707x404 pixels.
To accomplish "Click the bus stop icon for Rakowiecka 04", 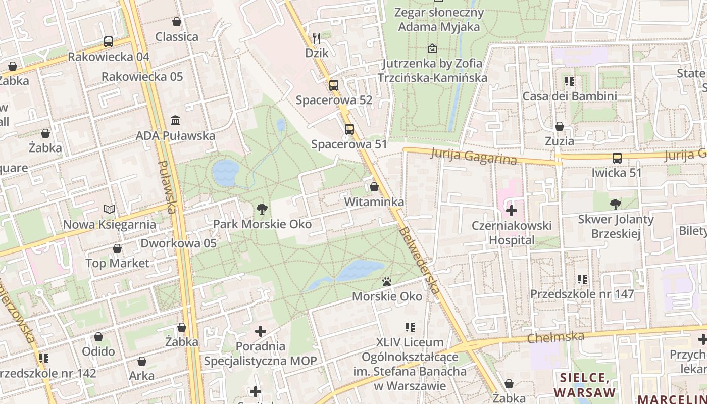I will click(109, 42).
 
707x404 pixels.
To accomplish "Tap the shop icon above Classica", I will click(177, 22).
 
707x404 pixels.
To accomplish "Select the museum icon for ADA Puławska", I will click(175, 120).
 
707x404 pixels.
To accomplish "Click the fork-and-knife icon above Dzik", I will click(317, 38).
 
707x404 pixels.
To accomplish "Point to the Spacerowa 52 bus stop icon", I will click(334, 85).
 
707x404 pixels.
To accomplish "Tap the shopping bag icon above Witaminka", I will click(374, 187).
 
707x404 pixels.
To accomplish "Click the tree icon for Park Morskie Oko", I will click(262, 209).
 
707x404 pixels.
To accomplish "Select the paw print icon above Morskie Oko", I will click(387, 281).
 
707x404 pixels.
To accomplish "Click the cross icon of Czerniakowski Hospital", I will click(512, 210).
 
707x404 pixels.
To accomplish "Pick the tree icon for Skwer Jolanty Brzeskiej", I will click(615, 204).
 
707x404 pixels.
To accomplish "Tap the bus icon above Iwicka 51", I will click(617, 158).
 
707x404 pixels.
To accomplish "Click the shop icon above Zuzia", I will click(560, 126).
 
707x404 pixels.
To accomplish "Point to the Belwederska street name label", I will click(419, 260).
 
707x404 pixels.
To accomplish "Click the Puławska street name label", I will click(167, 187).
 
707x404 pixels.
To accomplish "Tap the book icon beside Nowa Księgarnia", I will click(110, 209).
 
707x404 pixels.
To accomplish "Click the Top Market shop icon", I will click(117, 248).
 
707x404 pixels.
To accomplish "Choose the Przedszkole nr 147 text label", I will click(582, 294).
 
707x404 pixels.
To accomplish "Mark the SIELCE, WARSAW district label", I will click(585, 385).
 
